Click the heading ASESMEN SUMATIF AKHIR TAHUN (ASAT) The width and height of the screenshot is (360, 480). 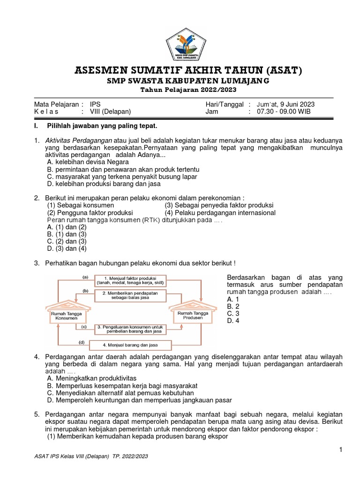[x=188, y=71]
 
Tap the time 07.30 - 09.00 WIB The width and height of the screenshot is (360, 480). [x=279, y=112]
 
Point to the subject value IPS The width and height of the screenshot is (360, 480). [x=95, y=104]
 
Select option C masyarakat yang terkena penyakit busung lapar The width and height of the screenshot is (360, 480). [x=122, y=177]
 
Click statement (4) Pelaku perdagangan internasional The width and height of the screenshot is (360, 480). [x=220, y=213]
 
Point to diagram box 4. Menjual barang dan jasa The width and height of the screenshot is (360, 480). [x=130, y=345]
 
